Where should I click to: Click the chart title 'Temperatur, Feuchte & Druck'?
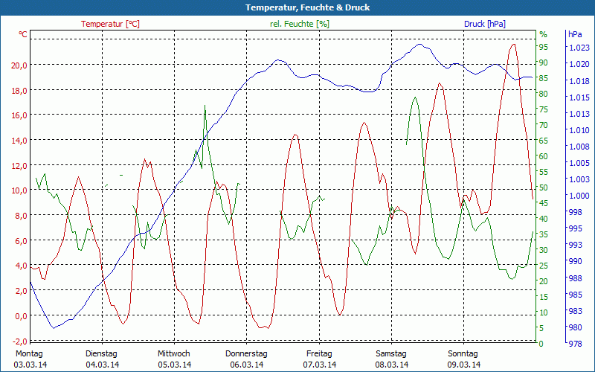tap(297, 7)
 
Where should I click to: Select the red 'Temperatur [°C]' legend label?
tap(110, 24)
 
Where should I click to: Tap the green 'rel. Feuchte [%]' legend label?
tap(299, 24)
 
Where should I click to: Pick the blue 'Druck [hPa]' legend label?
tap(485, 24)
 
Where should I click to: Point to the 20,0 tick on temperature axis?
tap(19, 65)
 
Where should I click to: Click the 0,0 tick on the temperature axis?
tap(19, 315)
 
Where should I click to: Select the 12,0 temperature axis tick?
tap(19, 165)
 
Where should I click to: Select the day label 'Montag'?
tap(29, 353)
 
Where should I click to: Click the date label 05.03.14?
tap(175, 365)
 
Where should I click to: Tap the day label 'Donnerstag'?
tap(246, 353)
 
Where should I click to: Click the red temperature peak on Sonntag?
tap(512, 45)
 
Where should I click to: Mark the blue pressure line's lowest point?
tap(53, 327)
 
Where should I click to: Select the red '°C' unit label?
tap(23, 34)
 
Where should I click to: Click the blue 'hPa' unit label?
tap(575, 34)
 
